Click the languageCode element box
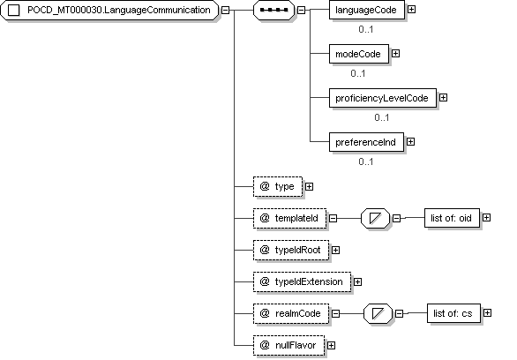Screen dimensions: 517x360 point(367,11)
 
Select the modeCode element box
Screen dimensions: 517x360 point(359,54)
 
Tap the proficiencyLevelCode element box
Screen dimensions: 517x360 point(383,98)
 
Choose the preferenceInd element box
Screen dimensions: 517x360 point(366,142)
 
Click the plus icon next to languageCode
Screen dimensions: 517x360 point(411,10)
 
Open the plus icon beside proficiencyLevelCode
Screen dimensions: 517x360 point(444,98)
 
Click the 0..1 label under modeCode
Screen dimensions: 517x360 point(358,73)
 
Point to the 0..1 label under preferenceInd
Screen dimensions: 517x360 point(366,161)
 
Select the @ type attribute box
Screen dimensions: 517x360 point(278,186)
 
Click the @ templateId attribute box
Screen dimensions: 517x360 point(290,218)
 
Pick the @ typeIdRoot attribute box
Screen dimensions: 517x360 point(291,251)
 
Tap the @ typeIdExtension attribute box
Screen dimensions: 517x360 point(302,281)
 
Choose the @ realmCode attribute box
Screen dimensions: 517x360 point(291,313)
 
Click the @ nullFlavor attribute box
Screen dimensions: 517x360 point(288,346)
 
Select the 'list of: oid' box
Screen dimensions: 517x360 point(452,218)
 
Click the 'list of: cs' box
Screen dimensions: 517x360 point(453,313)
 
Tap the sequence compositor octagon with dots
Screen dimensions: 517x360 point(273,11)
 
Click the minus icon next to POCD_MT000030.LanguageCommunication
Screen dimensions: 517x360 point(225,11)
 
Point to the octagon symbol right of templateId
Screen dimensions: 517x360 point(375,218)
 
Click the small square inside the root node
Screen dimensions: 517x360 point(13,11)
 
